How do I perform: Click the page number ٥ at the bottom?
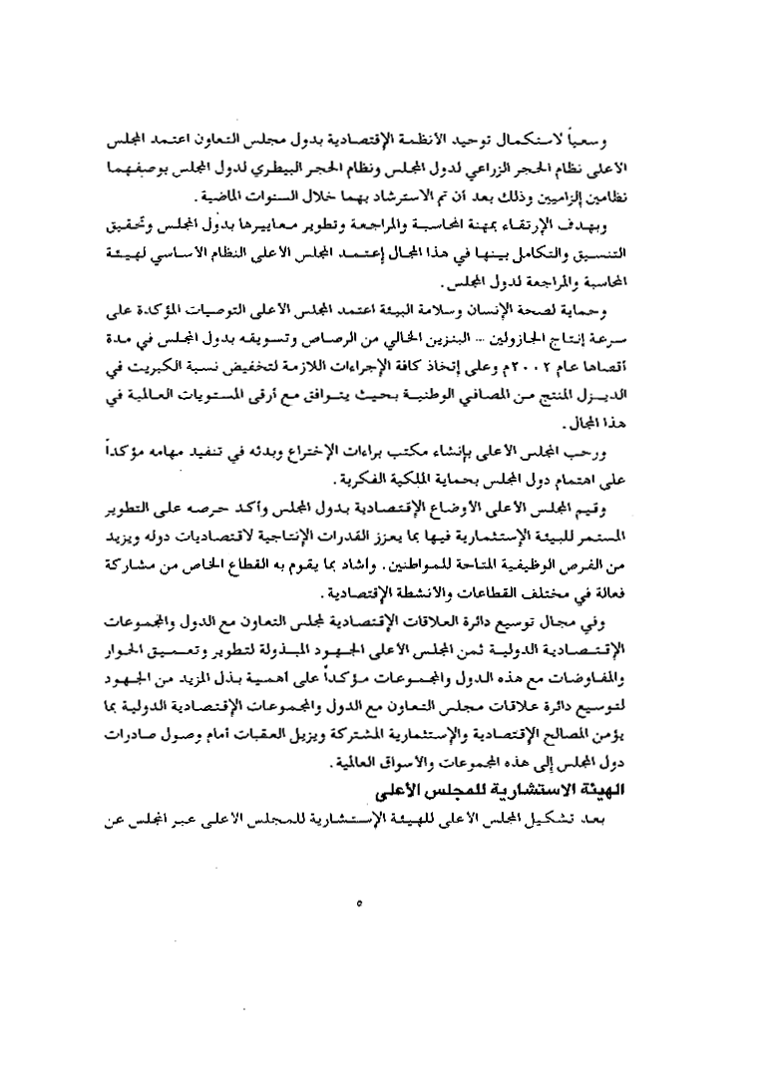pos(356,905)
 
